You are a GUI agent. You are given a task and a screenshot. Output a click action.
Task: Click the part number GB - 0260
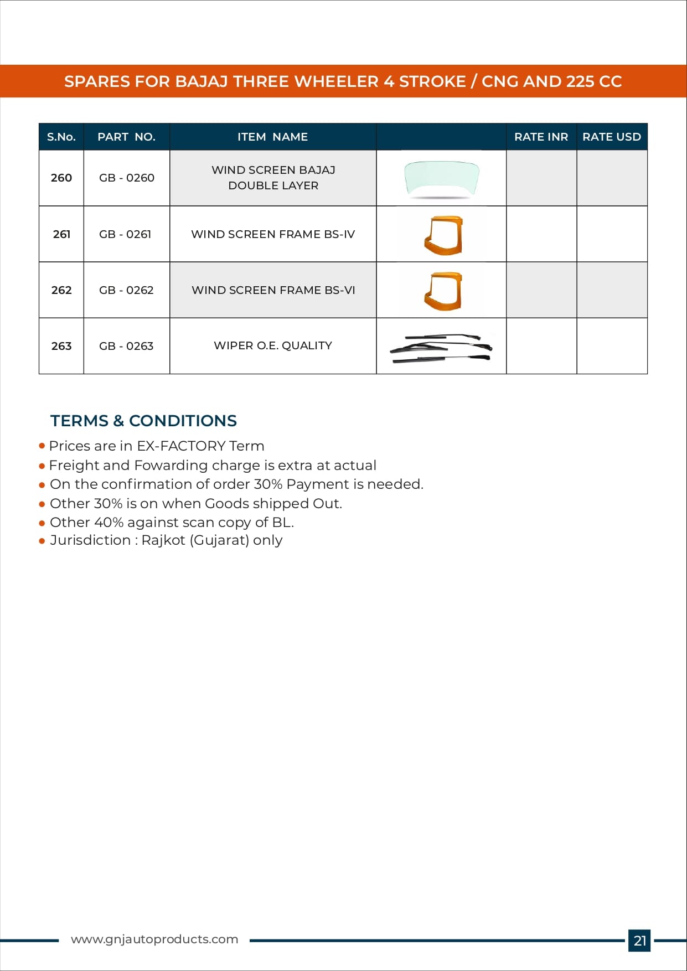pyautogui.click(x=126, y=178)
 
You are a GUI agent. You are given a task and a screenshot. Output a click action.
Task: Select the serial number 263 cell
pyautogui.click(x=61, y=346)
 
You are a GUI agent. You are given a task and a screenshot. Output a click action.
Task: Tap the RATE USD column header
pyautogui.click(x=611, y=137)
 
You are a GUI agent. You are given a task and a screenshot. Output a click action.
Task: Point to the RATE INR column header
pyautogui.click(x=541, y=137)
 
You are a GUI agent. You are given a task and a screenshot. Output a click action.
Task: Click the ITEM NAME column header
pyautogui.click(x=272, y=137)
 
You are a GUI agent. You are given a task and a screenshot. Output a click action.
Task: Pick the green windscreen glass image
pyautogui.click(x=441, y=178)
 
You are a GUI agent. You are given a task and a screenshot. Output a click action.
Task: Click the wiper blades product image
pyautogui.click(x=441, y=348)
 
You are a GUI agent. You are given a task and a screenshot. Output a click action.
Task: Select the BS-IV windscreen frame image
pyautogui.click(x=443, y=235)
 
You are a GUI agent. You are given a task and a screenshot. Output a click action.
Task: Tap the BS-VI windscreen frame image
pyautogui.click(x=443, y=291)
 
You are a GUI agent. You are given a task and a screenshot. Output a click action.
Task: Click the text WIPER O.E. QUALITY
pyautogui.click(x=273, y=345)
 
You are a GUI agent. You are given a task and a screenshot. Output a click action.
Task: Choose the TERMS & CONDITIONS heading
pyautogui.click(x=143, y=421)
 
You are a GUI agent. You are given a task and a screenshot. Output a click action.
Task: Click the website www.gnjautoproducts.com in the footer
pyautogui.click(x=154, y=939)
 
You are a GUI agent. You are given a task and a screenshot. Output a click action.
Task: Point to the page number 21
pyautogui.click(x=639, y=941)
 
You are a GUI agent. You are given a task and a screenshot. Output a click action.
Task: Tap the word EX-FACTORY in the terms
pyautogui.click(x=181, y=446)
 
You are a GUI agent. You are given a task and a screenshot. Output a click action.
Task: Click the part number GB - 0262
pyautogui.click(x=126, y=290)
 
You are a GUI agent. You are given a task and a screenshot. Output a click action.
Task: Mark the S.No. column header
pyautogui.click(x=61, y=137)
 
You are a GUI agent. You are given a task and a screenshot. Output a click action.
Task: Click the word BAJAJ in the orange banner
pyautogui.click(x=202, y=81)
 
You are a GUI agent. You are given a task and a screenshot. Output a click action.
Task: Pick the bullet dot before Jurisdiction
pyautogui.click(x=42, y=541)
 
